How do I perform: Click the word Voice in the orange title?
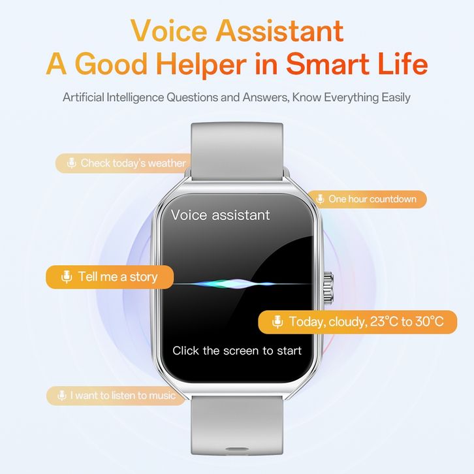(x=170, y=31)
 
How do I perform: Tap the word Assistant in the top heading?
(x=279, y=31)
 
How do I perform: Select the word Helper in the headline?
(x=201, y=64)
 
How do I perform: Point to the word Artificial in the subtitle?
(x=84, y=97)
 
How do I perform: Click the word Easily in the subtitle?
(x=396, y=97)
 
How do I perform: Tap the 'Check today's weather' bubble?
(x=123, y=163)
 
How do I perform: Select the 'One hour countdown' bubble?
(x=367, y=199)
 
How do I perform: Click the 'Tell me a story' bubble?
(x=110, y=277)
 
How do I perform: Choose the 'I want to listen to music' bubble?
(x=116, y=396)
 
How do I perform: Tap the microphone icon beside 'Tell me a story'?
(x=67, y=277)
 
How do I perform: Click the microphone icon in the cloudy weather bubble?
(x=277, y=322)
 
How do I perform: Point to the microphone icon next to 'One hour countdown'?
(x=320, y=199)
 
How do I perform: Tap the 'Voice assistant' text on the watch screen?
(x=221, y=215)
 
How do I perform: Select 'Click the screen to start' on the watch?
(x=237, y=351)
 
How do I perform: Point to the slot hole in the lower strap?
(x=237, y=449)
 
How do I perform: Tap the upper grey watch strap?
(x=237, y=151)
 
